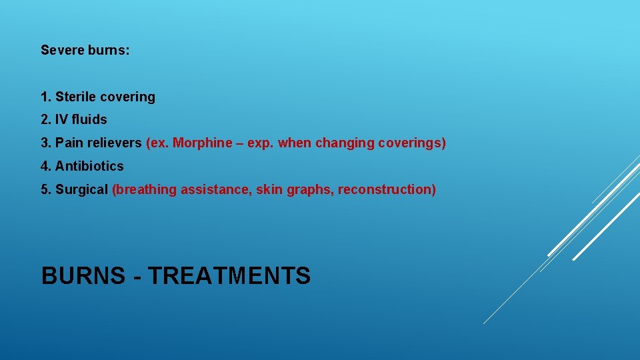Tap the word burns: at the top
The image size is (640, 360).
(109, 50)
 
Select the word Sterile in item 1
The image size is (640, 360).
(75, 97)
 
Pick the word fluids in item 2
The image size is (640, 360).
(89, 120)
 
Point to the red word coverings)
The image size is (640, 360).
(412, 143)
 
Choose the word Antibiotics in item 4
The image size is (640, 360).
(89, 166)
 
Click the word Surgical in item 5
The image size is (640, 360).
(81, 189)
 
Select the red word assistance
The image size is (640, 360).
(211, 189)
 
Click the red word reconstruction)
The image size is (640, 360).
(387, 189)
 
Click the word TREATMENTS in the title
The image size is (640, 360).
(229, 275)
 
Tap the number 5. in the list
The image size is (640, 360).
(46, 189)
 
